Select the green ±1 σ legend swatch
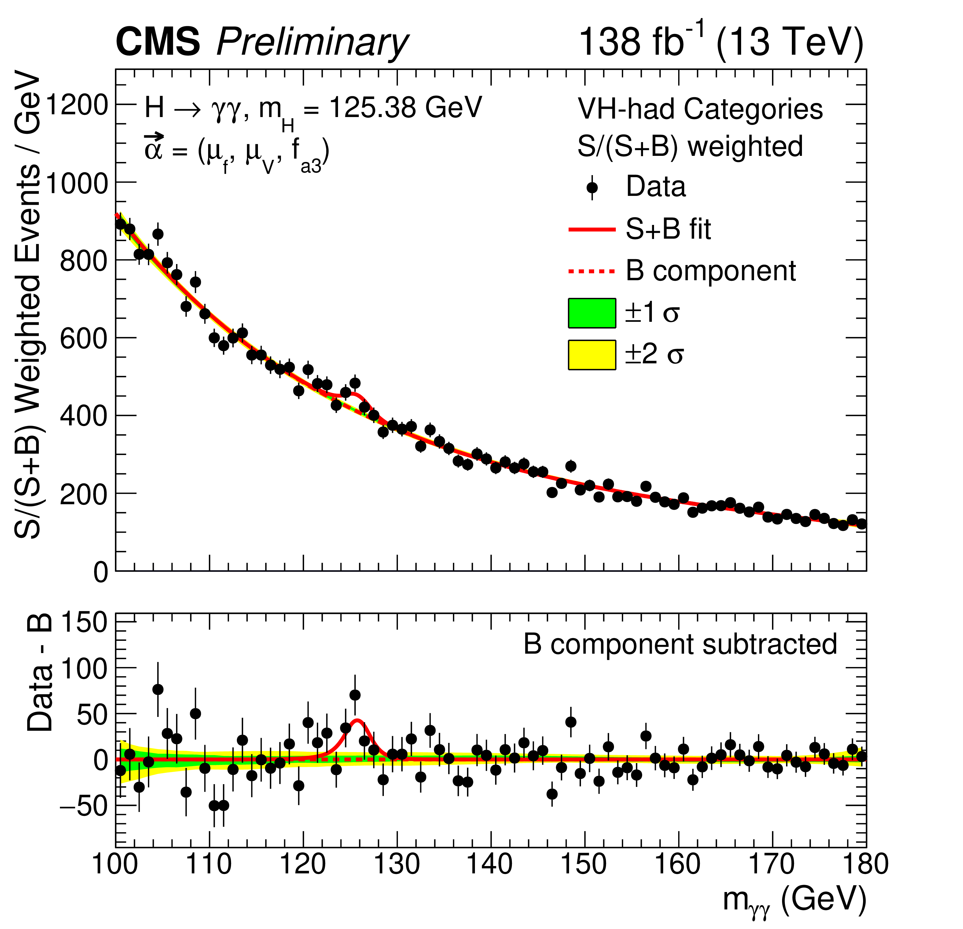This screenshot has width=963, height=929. coord(592,313)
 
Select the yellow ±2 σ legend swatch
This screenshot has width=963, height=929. coord(592,355)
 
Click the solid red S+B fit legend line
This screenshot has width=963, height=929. coord(592,229)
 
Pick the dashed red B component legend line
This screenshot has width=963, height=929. coord(592,271)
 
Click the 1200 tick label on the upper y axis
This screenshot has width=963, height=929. coord(76,105)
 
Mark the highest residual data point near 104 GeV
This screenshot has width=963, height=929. coord(158,689)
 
